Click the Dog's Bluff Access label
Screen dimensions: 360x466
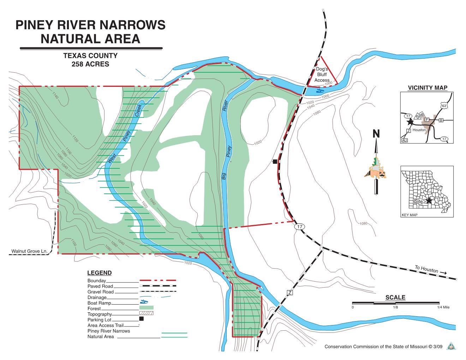[322, 75]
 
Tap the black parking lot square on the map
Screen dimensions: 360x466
[275, 162]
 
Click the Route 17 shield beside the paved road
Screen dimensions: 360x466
[299, 227]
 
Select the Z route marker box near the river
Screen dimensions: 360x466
[290, 293]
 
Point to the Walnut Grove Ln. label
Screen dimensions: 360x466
[29, 251]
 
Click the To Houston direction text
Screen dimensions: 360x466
[426, 270]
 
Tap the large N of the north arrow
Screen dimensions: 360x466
[376, 134]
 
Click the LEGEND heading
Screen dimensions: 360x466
[99, 273]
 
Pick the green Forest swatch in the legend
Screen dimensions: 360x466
[146, 308]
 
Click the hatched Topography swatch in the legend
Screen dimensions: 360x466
[146, 313]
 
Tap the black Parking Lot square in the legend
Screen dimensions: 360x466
[141, 319]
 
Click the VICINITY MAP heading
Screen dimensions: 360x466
[427, 88]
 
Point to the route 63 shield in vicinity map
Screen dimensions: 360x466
[444, 106]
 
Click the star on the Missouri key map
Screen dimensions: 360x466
[429, 200]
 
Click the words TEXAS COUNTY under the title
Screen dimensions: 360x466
[90, 56]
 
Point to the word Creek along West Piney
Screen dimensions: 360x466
[138, 110]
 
